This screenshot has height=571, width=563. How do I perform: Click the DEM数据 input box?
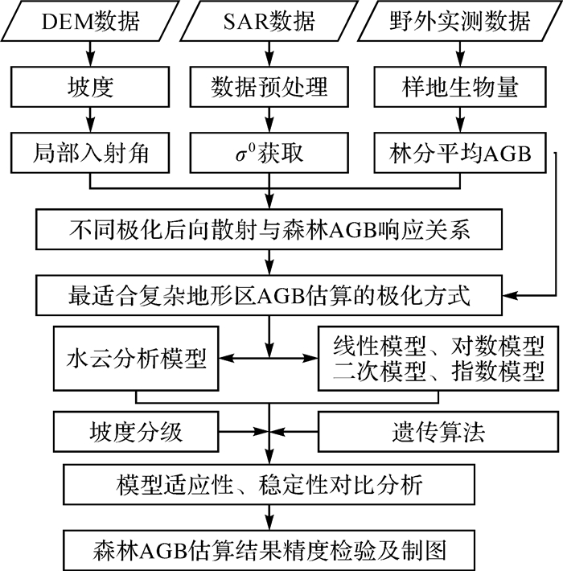pos(88,22)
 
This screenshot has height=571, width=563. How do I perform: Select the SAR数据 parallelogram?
pos(270,22)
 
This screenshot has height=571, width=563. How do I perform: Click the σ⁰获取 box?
pos(270,153)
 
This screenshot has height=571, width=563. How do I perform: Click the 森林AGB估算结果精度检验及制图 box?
pos(270,551)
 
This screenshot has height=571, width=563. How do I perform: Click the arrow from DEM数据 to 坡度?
pos(88,53)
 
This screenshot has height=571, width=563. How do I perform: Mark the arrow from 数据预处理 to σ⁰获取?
pos(270,119)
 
